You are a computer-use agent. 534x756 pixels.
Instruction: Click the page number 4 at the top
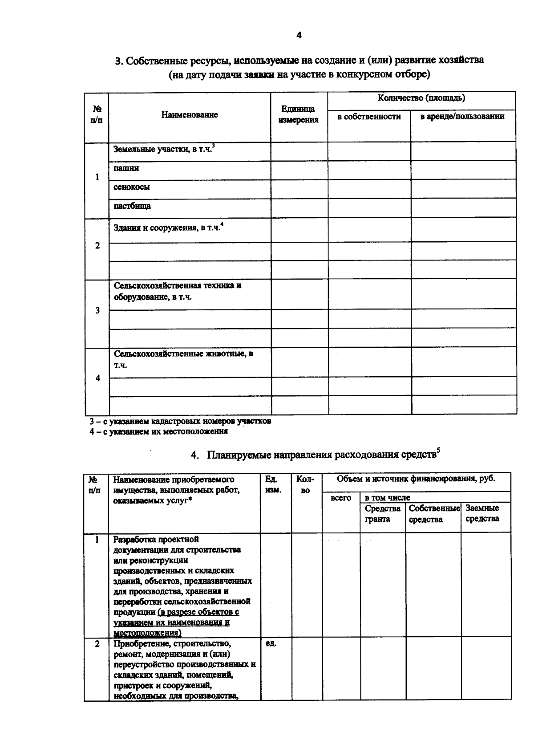(x=299, y=36)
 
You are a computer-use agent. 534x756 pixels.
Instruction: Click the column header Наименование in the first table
(x=190, y=115)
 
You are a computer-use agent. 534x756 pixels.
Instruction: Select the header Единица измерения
(x=298, y=114)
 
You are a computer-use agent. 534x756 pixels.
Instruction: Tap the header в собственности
(x=369, y=117)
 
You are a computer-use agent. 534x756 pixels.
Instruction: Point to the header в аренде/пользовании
(x=462, y=117)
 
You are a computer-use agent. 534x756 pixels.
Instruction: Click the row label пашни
(x=126, y=168)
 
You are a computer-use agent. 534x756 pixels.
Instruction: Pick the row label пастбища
(x=132, y=206)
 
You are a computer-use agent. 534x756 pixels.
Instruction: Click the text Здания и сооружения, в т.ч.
(x=167, y=228)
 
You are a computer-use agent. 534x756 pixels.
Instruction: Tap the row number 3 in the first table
(x=97, y=310)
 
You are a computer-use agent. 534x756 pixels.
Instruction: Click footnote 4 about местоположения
(x=159, y=431)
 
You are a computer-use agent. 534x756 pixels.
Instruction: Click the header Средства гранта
(x=383, y=514)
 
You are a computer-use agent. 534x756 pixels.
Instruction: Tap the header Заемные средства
(x=482, y=513)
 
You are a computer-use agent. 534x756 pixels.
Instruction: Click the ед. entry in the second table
(x=271, y=644)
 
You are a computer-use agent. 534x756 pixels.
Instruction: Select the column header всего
(x=341, y=498)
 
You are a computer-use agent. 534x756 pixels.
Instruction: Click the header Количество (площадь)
(x=421, y=98)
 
